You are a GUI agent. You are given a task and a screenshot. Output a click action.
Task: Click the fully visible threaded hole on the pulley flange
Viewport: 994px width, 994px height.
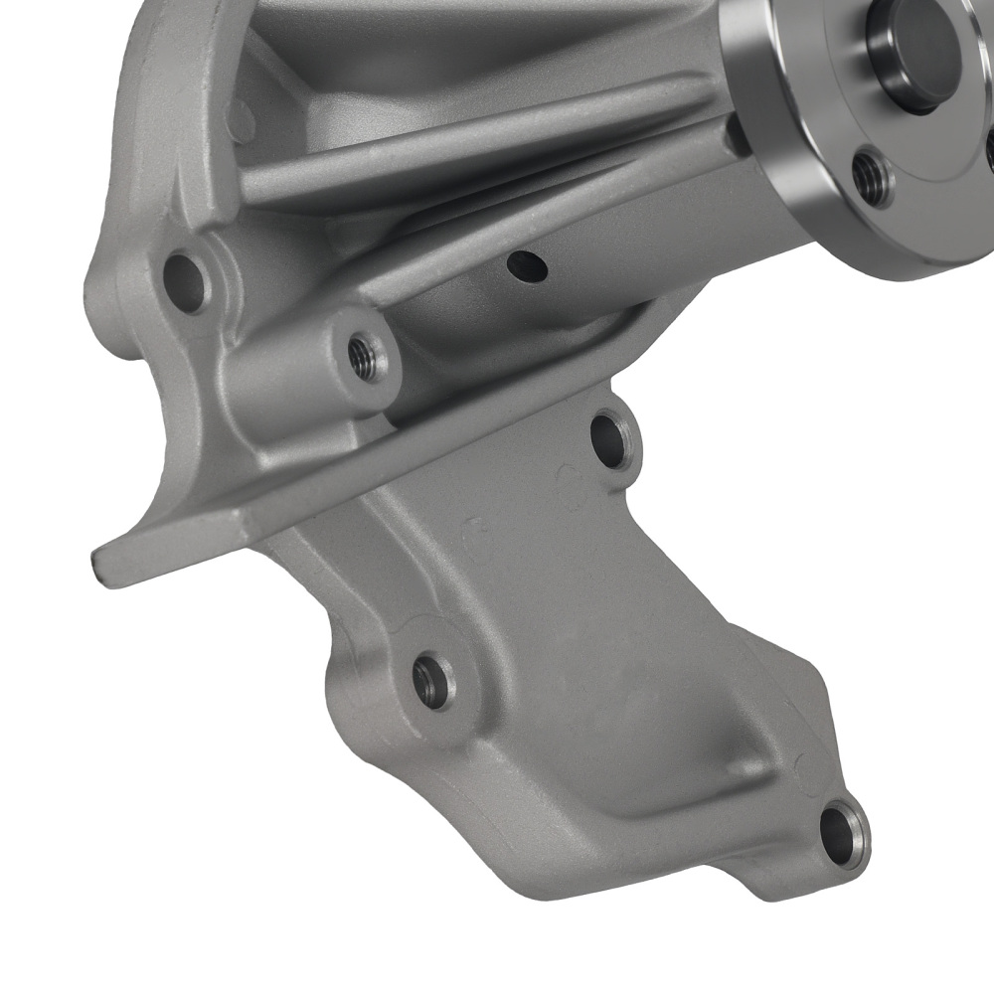(x=873, y=177)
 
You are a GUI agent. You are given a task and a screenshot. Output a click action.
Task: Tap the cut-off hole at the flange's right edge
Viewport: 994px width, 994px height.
(x=990, y=149)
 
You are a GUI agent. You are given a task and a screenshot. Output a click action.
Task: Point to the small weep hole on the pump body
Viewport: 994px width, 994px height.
(x=526, y=265)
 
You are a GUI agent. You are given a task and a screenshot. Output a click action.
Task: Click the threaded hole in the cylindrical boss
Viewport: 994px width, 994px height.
(x=367, y=354)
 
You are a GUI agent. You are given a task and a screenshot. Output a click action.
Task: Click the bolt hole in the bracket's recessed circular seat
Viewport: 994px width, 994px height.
(x=431, y=682)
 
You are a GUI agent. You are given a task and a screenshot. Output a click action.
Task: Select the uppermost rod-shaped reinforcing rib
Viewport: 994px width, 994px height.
(x=477, y=144)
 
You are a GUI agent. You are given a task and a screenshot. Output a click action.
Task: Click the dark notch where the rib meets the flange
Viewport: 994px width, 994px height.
(x=736, y=134)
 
